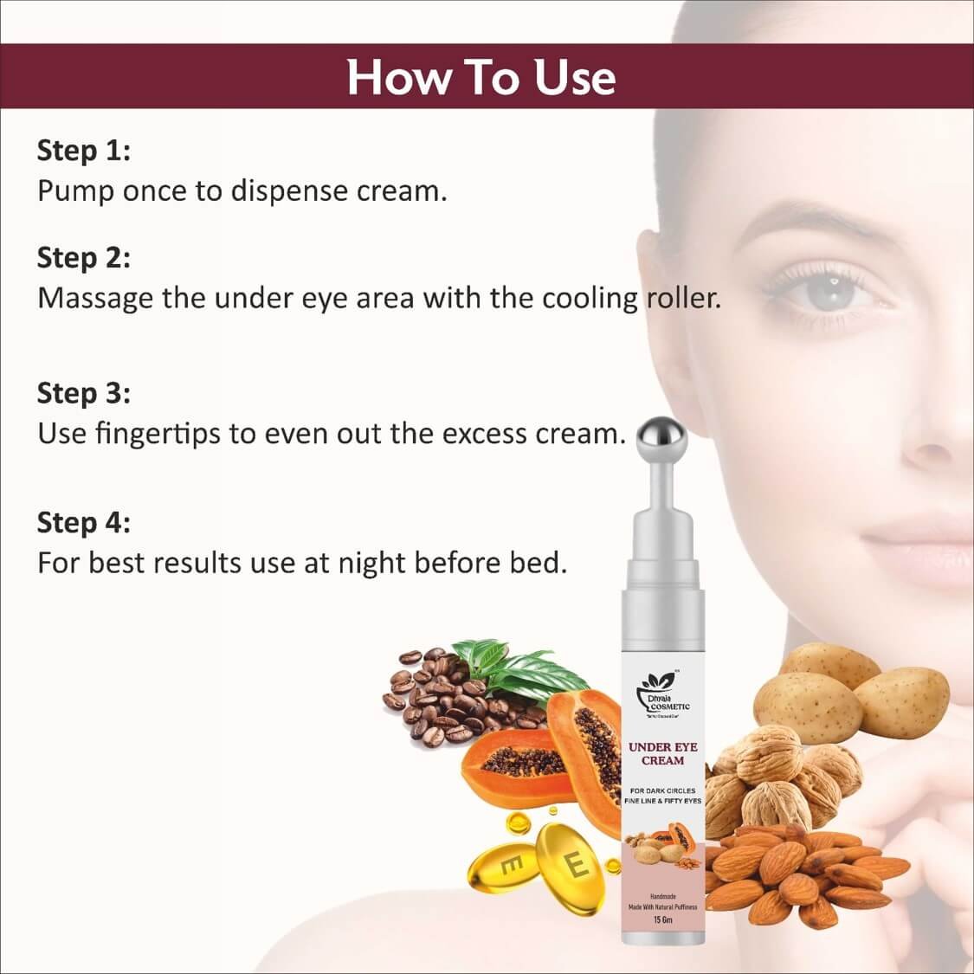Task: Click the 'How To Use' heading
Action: click(x=481, y=76)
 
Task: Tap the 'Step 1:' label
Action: click(x=83, y=151)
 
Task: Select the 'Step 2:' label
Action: click(x=83, y=257)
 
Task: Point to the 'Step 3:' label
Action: click(x=83, y=393)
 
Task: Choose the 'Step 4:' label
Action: click(x=83, y=523)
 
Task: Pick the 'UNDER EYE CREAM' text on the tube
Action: click(x=662, y=753)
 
